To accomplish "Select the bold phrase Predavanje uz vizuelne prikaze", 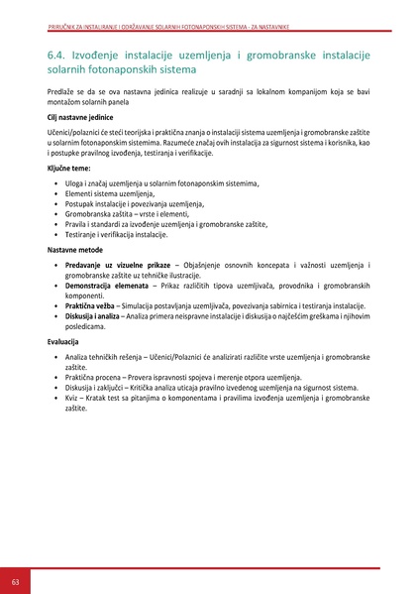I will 117,266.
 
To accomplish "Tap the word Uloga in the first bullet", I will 75,183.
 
